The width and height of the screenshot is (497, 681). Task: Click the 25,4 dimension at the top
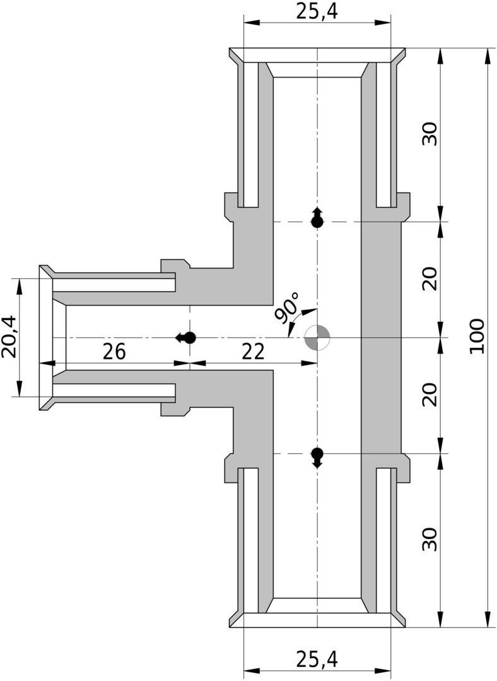click(317, 12)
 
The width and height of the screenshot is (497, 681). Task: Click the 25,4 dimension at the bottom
click(317, 659)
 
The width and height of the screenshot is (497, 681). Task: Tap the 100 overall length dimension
click(477, 336)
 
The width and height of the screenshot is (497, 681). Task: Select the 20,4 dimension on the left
click(9, 336)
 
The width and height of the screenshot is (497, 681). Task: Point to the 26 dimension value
click(114, 352)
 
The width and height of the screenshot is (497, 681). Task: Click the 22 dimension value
click(253, 352)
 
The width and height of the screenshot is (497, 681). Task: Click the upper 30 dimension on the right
click(430, 134)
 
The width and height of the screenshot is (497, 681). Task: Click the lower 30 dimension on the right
click(430, 539)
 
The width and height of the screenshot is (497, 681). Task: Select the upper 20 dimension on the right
click(430, 279)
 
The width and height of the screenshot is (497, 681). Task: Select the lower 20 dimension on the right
click(430, 394)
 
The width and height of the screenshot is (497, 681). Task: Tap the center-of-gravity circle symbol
click(317, 338)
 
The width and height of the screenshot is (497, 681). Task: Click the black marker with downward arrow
click(317, 458)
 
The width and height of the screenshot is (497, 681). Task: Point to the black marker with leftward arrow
click(186, 338)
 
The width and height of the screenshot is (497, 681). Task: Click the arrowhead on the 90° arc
click(309, 311)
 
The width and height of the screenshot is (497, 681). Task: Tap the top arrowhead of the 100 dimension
click(485, 56)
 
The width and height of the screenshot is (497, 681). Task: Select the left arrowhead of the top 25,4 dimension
click(252, 21)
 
